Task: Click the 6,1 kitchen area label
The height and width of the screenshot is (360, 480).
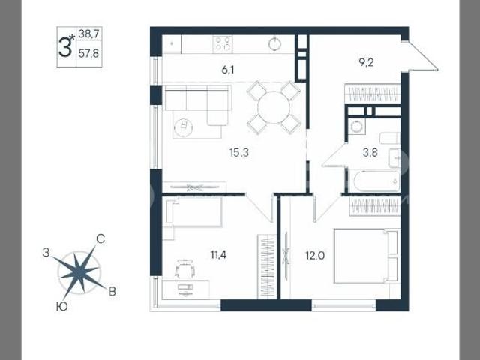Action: click(228, 70)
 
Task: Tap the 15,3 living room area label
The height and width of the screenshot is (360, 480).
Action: click(239, 152)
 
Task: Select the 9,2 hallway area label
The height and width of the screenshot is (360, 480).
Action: click(366, 63)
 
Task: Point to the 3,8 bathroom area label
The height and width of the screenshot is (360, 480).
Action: click(370, 152)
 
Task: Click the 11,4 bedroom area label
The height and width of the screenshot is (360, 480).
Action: click(218, 254)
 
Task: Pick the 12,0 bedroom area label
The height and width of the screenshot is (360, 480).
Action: click(315, 255)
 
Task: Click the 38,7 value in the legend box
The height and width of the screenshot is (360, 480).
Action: click(88, 34)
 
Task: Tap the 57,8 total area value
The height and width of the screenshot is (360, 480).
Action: click(88, 53)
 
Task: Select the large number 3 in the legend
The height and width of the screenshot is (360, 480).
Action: click(65, 46)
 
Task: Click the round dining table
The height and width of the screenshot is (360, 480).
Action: click(274, 107)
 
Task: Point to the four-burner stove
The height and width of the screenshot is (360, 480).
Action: click(223, 43)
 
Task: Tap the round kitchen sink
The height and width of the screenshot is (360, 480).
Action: click(275, 43)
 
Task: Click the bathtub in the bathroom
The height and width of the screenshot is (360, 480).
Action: click(374, 181)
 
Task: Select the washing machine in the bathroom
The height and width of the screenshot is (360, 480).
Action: click(356, 127)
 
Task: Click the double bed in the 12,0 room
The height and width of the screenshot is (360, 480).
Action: click(366, 256)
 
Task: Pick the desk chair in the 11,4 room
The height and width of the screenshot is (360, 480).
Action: click(184, 268)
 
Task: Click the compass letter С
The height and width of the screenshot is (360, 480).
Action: click(100, 238)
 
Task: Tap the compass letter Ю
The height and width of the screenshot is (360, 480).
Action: click(62, 307)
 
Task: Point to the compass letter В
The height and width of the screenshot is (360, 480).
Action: click(112, 292)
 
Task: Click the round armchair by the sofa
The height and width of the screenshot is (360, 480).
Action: click(183, 127)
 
